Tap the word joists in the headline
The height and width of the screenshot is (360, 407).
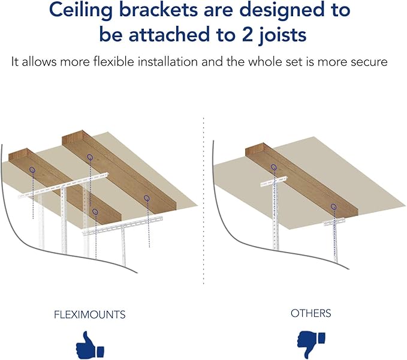279,35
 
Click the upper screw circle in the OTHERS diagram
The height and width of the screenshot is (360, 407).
274,167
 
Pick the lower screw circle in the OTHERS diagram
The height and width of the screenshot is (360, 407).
333,207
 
